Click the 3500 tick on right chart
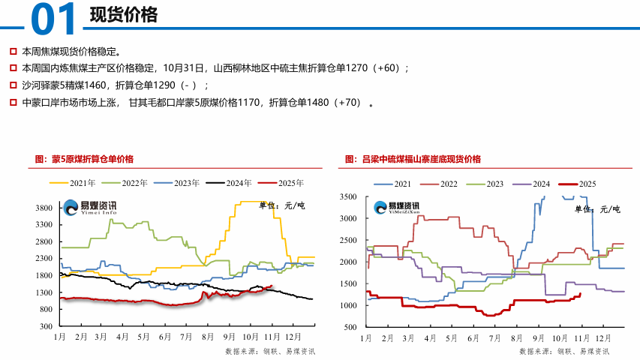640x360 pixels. (347, 196)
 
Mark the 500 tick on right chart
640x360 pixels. (350, 328)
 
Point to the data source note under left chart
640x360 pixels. (269, 351)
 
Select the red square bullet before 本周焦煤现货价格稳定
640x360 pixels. (12, 52)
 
